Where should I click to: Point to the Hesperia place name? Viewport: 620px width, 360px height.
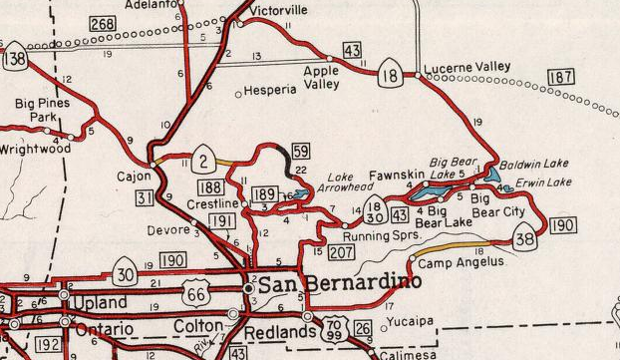pyautogui.click(x=270, y=90)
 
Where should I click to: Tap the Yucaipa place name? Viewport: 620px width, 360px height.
pyautogui.click(x=411, y=322)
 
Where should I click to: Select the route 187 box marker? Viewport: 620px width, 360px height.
pyautogui.click(x=561, y=77)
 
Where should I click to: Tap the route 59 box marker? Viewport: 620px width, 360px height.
pyautogui.click(x=300, y=152)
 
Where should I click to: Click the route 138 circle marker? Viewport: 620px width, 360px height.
pyautogui.click(x=14, y=60)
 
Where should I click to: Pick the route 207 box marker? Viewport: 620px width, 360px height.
pyautogui.click(x=341, y=254)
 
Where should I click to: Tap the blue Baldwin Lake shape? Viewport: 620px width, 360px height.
pyautogui.click(x=494, y=175)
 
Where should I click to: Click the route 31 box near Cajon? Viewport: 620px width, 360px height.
pyautogui.click(x=146, y=199)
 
